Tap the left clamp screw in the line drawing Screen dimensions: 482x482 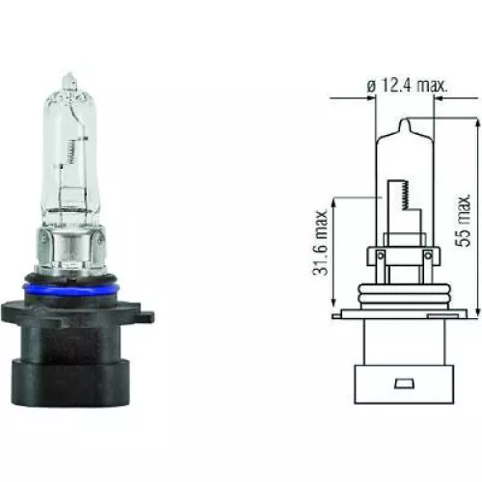click(380, 254)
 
